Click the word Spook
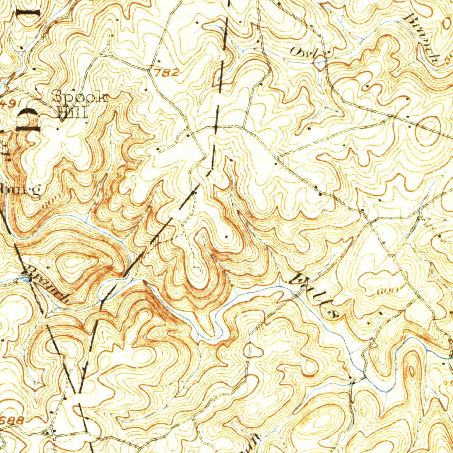[x=80, y=96]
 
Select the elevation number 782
[x=168, y=73]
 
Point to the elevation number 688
[x=12, y=421]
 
